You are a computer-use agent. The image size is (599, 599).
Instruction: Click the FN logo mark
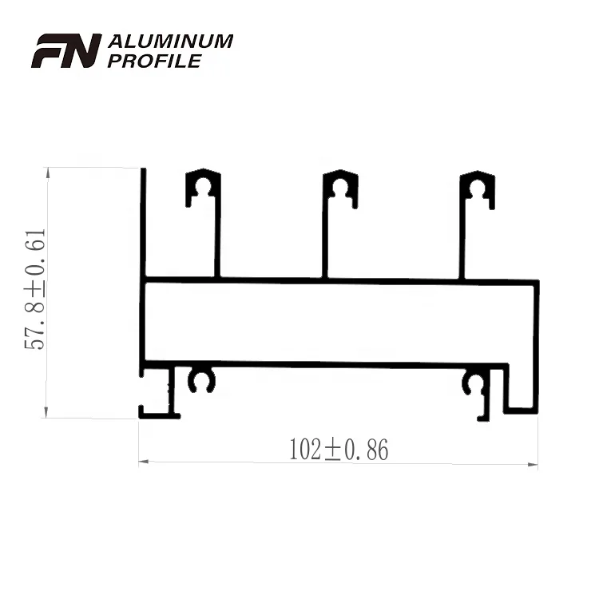[x=66, y=50]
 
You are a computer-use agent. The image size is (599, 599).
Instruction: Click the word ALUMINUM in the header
[x=170, y=42]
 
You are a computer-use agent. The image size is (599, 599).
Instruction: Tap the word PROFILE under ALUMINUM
[x=154, y=61]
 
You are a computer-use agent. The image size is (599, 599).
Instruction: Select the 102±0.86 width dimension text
[x=339, y=450]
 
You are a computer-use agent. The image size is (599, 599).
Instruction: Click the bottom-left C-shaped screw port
[x=202, y=380]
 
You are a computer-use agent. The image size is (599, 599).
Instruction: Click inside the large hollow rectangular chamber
[x=339, y=322]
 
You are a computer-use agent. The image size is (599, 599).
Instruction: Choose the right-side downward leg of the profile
[x=521, y=391]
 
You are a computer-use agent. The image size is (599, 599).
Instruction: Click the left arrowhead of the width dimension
[x=145, y=462]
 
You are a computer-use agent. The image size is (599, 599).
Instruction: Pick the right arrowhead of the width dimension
[x=533, y=462]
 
